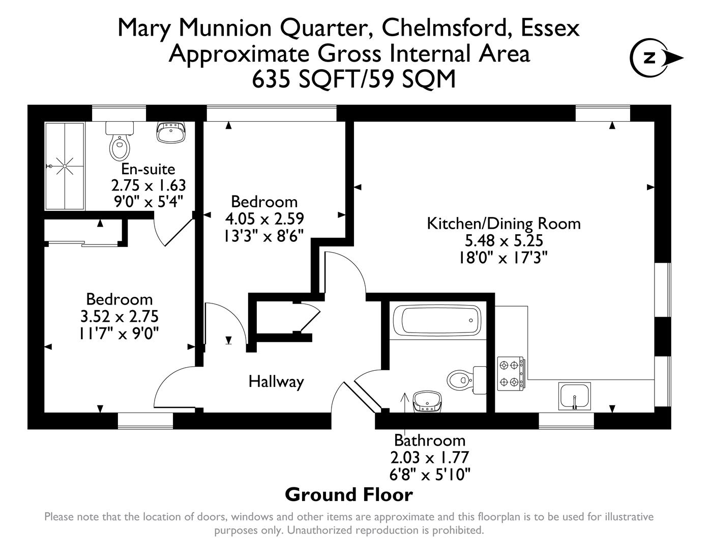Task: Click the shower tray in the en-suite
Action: (65, 166)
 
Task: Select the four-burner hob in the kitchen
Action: (510, 373)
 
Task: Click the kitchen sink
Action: (575, 395)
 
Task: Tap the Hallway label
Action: (276, 381)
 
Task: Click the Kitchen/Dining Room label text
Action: (503, 223)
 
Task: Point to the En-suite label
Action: (148, 169)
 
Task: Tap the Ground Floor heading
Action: (349, 494)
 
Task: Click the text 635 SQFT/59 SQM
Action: (354, 79)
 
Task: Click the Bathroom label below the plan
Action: (430, 440)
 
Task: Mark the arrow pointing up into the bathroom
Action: (405, 400)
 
